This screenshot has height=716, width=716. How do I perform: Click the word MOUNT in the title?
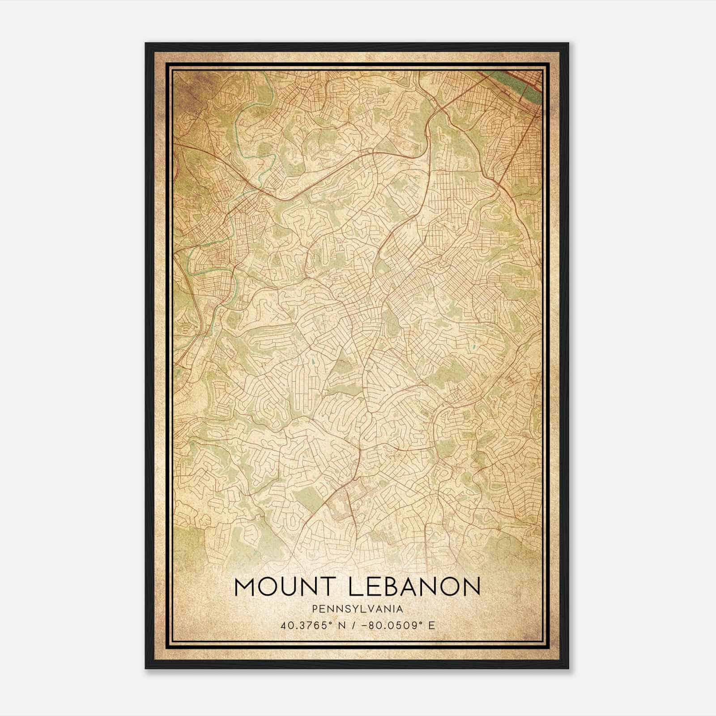click(285, 588)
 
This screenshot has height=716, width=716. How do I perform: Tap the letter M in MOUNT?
click(244, 588)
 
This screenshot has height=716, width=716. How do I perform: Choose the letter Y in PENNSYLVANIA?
click(351, 609)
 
